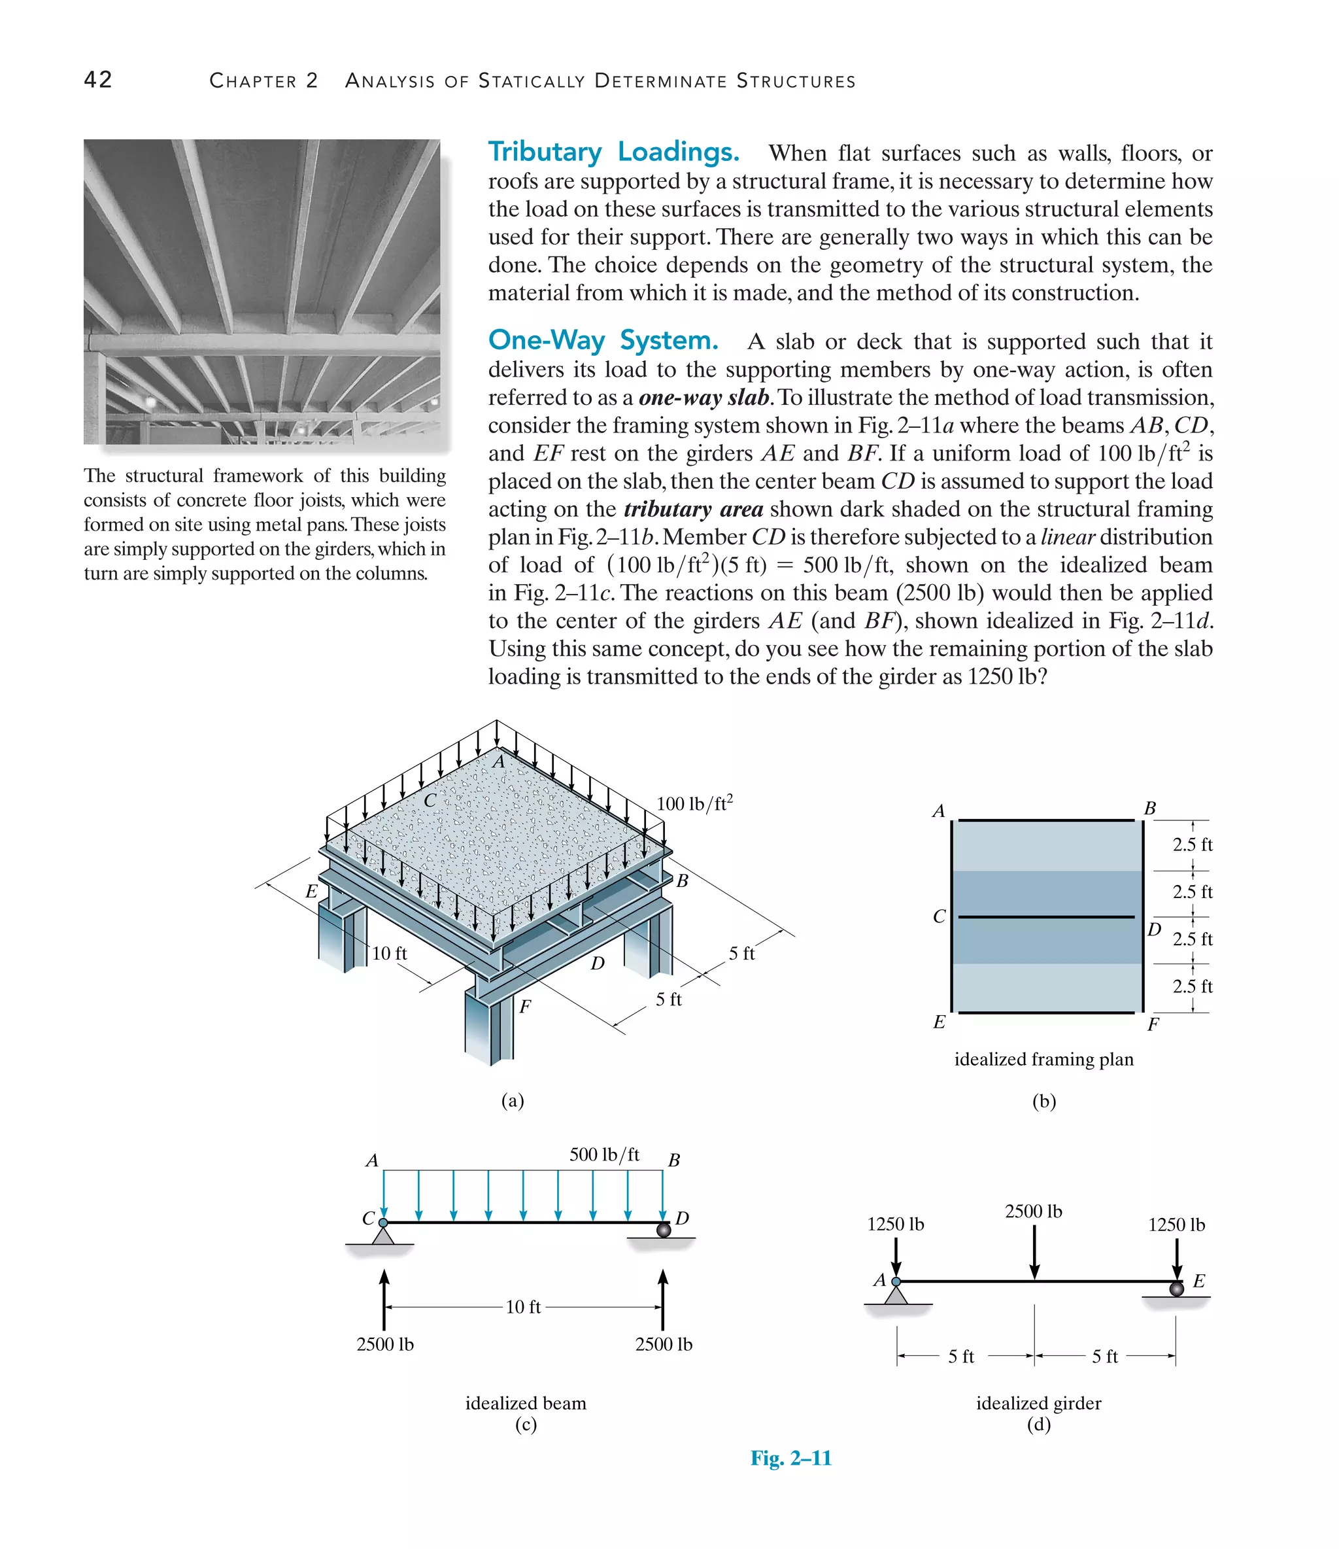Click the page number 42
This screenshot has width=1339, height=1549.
coord(98,80)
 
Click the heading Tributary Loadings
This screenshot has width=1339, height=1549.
coord(613,152)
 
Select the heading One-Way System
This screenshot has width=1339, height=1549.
coord(603,340)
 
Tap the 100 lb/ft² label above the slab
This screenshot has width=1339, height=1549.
coord(694,804)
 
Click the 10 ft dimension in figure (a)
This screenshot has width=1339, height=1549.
coord(389,953)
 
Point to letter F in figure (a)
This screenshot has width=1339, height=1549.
coord(525,1006)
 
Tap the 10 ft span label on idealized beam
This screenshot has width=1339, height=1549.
coord(523,1307)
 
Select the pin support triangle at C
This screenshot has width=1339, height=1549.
coord(382,1234)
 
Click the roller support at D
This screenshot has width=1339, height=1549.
coord(663,1230)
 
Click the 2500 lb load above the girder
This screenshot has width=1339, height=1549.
coord(1034,1211)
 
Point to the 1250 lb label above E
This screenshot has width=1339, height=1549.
coord(1176,1225)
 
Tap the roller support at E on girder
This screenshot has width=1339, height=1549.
coord(1176,1288)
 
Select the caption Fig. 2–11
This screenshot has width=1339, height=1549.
coord(790,1458)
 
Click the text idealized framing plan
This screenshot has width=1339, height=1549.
coord(1044,1059)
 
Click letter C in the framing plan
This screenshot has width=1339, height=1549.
coord(940,916)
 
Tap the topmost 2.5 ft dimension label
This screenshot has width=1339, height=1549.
coord(1193,844)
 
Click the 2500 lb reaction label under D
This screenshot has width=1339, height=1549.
coord(664,1344)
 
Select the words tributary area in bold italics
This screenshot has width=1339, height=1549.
coord(692,509)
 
